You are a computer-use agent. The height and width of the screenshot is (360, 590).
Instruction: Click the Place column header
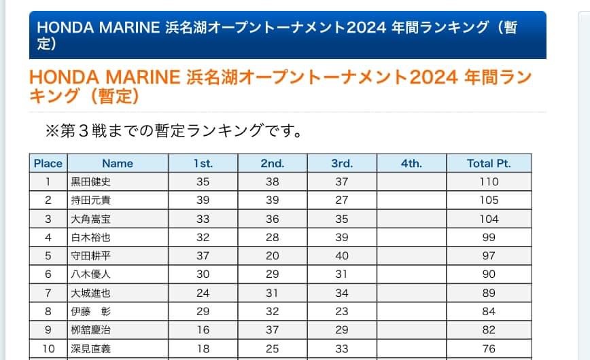tap(48, 163)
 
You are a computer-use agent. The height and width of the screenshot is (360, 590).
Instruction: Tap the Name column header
tap(118, 163)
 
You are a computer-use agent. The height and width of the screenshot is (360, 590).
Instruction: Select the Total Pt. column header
tap(489, 163)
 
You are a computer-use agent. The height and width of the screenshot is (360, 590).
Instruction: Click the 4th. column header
tap(411, 163)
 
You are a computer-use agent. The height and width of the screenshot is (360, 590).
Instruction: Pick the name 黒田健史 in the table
tap(91, 181)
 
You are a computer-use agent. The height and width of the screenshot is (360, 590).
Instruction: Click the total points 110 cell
tap(489, 181)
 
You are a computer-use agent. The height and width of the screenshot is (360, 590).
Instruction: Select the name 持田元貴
tap(91, 200)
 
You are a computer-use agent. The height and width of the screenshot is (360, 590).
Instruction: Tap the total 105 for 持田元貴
tap(489, 200)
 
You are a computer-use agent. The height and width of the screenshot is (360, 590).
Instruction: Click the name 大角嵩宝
tap(91, 219)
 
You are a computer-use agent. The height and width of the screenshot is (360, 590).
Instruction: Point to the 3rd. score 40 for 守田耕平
tap(342, 256)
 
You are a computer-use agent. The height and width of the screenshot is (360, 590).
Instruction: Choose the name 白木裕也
tap(91, 237)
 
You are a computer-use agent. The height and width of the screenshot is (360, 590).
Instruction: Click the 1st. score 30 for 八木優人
tap(203, 274)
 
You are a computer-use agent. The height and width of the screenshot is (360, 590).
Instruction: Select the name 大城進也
tap(91, 293)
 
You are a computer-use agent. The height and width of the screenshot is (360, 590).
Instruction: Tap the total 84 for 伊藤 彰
tap(489, 312)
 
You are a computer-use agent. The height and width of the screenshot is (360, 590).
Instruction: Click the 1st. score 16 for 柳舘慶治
tap(203, 330)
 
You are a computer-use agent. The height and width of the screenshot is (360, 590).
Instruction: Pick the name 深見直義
tap(91, 349)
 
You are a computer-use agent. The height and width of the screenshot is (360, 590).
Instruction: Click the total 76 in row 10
tap(489, 349)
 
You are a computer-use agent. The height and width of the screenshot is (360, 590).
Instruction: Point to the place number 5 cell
tap(48, 256)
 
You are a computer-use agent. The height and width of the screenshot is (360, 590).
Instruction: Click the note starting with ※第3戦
tap(173, 130)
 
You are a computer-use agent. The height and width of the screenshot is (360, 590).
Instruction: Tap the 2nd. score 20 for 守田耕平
tap(273, 256)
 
